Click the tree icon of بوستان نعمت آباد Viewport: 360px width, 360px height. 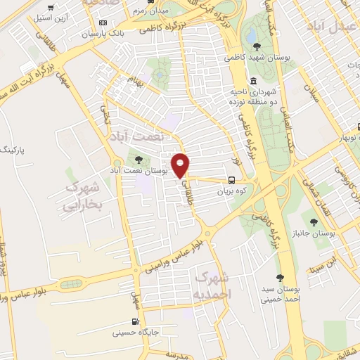tap(136, 159)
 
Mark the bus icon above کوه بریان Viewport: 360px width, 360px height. tap(233, 179)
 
